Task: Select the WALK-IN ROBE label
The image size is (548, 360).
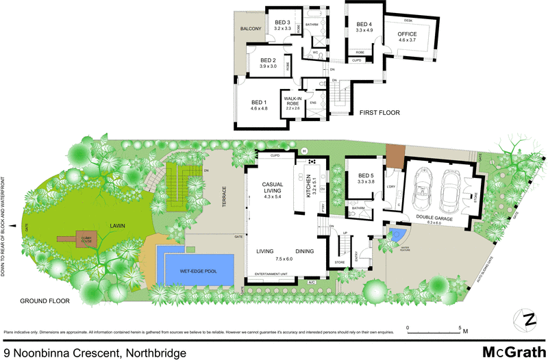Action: (292, 102)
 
